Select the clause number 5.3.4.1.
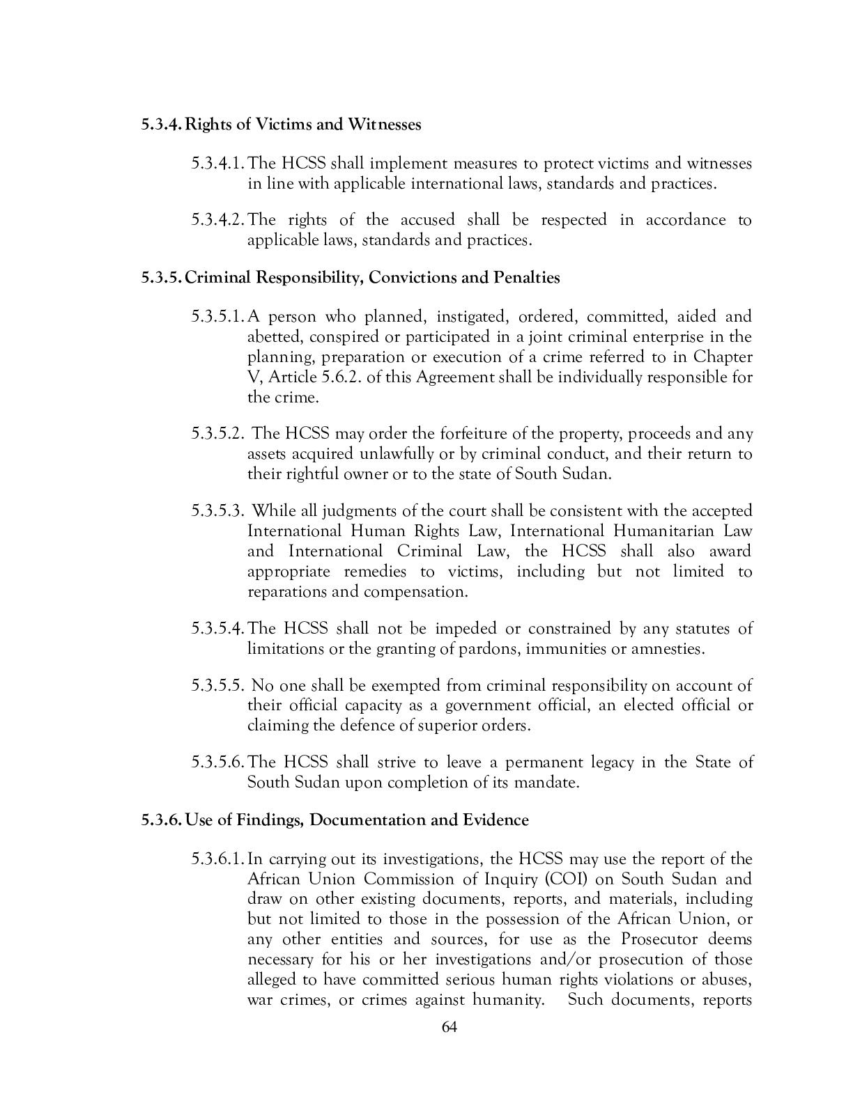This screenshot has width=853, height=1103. tap(217, 164)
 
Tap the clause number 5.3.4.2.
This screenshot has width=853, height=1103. tap(217, 220)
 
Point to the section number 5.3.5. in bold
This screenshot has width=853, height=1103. tap(162, 277)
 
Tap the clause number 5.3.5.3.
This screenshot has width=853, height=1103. tap(217, 511)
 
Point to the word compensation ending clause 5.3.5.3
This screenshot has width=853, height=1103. tap(414, 593)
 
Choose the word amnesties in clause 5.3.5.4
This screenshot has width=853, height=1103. tap(666, 650)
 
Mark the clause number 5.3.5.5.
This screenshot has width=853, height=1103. tap(217, 686)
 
